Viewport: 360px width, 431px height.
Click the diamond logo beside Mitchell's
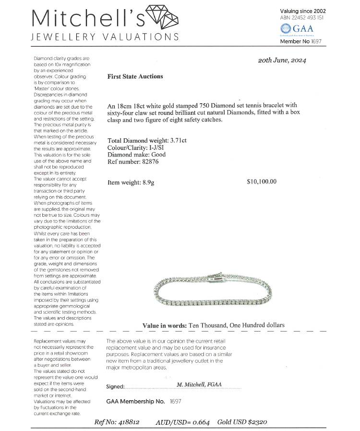tap(161, 18)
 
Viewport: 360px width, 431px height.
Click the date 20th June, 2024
tap(282, 61)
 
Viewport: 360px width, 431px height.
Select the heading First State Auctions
tap(135, 76)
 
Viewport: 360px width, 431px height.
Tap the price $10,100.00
tap(262, 182)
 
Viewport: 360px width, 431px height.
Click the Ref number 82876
tap(147, 161)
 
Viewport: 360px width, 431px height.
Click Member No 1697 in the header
tap(301, 42)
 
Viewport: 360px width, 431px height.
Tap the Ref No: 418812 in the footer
tap(117, 422)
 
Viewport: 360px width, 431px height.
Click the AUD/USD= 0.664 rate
tap(182, 422)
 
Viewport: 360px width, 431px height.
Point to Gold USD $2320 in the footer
tap(242, 422)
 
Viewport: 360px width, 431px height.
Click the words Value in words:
tap(165, 325)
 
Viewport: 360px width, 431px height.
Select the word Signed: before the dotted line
tap(115, 387)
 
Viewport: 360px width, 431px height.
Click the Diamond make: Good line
tap(137, 155)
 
